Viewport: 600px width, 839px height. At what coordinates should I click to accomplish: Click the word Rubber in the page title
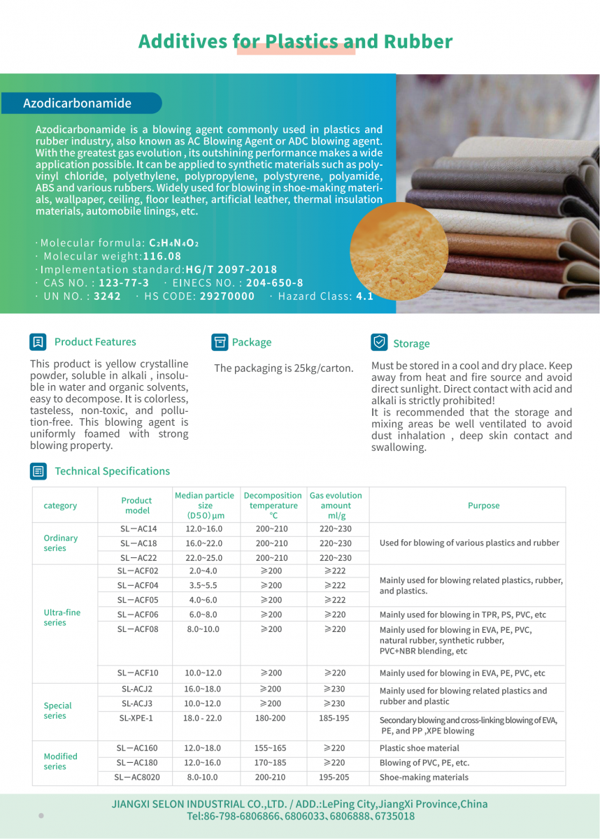click(417, 41)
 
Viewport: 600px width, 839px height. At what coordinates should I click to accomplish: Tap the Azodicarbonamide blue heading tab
click(78, 103)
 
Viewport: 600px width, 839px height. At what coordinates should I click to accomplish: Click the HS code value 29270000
click(227, 296)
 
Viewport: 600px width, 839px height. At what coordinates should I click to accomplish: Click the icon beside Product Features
click(38, 342)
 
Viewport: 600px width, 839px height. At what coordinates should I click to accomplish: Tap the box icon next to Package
click(220, 342)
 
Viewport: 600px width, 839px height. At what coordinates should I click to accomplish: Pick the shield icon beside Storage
click(379, 343)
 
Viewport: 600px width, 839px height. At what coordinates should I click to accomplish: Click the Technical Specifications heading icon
click(38, 471)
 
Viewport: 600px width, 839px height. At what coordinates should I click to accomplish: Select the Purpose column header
click(483, 505)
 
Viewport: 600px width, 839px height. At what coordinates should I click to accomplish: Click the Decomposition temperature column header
click(273, 505)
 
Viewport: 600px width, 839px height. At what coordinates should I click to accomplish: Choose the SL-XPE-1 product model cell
click(136, 718)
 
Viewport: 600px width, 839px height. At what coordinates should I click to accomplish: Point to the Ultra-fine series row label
click(62, 617)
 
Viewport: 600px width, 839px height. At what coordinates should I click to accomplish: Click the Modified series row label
click(61, 761)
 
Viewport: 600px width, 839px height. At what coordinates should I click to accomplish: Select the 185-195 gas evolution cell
click(335, 718)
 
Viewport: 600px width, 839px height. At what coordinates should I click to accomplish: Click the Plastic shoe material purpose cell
click(420, 748)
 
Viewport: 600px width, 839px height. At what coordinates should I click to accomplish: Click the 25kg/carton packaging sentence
click(283, 368)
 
